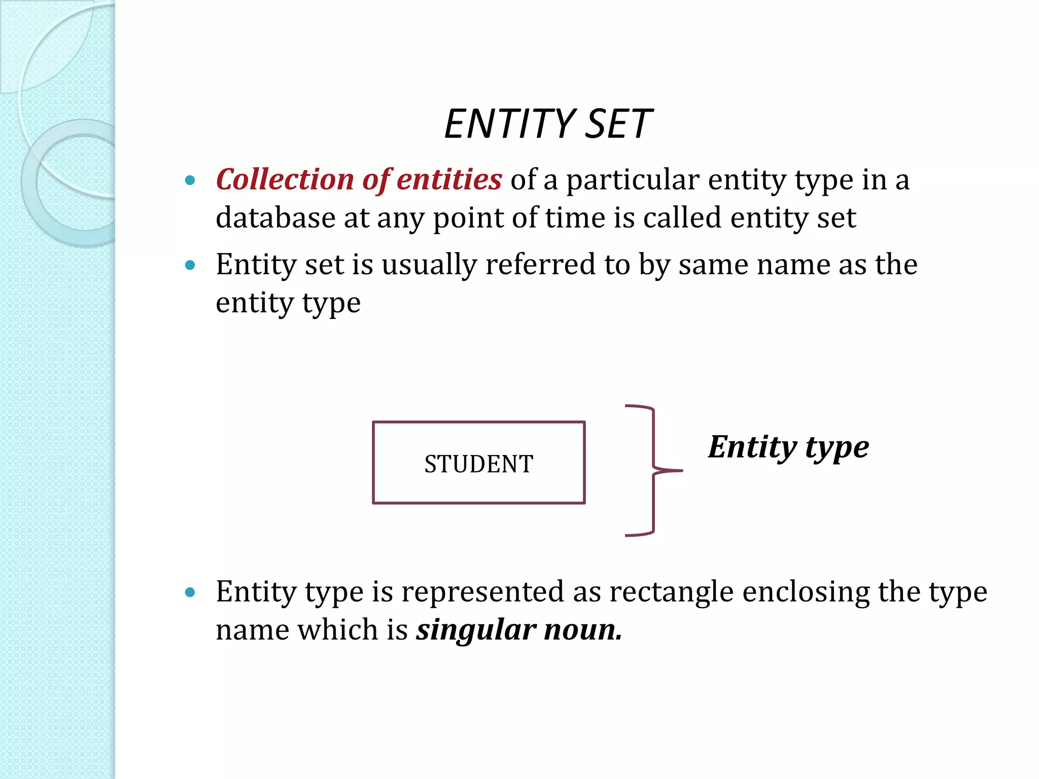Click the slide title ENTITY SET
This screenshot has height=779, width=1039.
548,124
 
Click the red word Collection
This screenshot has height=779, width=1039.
285,180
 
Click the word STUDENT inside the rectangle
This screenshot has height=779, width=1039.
478,464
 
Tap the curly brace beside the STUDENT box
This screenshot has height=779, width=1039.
652,471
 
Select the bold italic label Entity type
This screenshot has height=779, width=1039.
788,448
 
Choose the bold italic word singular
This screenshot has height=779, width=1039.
476,631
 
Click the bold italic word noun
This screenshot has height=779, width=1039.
583,630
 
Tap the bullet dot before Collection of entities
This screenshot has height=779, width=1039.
190,181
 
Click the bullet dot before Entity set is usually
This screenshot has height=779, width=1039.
190,265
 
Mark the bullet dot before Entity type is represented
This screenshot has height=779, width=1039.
190,592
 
